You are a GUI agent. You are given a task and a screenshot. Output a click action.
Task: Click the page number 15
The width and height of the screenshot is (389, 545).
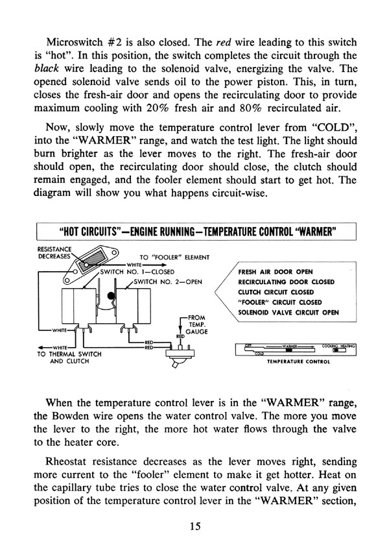point(194,527)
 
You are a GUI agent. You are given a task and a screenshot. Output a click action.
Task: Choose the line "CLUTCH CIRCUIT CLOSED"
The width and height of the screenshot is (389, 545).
point(272,293)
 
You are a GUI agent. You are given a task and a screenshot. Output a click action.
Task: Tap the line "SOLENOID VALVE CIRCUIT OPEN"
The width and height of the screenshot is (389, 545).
point(289,312)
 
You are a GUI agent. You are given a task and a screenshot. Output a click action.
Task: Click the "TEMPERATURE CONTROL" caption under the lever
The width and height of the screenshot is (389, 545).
point(295,363)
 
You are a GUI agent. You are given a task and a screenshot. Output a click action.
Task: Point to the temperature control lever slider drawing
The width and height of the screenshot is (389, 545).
point(295,350)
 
